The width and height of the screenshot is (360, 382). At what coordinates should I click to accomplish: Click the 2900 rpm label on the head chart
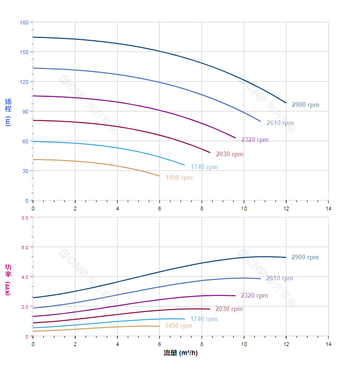click(305, 105)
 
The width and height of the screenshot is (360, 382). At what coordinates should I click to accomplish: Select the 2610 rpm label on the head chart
click(280, 123)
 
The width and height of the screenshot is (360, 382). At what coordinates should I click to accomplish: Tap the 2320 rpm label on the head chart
click(255, 140)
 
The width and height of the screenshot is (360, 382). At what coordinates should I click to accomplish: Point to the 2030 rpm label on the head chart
click(229, 154)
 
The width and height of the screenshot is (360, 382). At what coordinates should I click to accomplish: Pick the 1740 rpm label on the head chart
click(204, 167)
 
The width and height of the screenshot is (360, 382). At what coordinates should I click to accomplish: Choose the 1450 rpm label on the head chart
click(179, 178)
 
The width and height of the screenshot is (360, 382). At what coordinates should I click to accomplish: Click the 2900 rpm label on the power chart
click(305, 257)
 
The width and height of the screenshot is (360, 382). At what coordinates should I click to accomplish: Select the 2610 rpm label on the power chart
click(280, 278)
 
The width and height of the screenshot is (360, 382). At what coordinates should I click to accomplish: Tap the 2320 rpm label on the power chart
click(254, 296)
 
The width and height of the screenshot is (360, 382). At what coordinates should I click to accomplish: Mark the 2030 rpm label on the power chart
click(229, 309)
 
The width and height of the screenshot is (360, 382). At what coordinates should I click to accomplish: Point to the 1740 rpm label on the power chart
click(203, 319)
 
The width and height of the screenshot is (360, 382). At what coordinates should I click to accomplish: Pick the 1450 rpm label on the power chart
click(178, 326)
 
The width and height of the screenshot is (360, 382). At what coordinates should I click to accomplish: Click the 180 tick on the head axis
click(24, 23)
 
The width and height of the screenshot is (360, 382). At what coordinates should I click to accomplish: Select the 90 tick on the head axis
click(25, 112)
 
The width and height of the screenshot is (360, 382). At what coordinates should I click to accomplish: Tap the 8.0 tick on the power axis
click(24, 218)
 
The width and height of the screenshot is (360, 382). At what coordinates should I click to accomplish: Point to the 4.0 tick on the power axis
click(24, 277)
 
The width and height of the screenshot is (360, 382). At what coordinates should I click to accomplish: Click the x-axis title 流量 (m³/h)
click(180, 353)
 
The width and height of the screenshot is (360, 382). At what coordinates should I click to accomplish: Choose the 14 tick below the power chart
click(328, 344)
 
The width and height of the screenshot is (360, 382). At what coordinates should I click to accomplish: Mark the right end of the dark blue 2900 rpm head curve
click(286, 103)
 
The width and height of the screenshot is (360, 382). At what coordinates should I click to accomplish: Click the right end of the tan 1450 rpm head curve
click(159, 176)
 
